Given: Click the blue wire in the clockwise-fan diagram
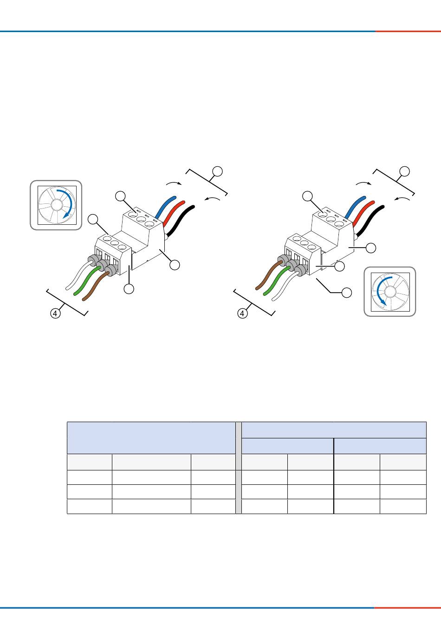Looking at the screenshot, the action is (x=166, y=207).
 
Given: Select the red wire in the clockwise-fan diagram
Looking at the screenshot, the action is (x=174, y=213).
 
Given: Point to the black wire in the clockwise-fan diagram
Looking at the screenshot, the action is (x=180, y=221).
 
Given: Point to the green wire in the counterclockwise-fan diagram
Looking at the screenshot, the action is (x=277, y=280).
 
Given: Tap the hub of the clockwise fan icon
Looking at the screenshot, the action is (x=56, y=205).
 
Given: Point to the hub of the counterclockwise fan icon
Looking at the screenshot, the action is (x=389, y=292).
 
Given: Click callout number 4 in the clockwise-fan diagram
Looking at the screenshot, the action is (x=55, y=313).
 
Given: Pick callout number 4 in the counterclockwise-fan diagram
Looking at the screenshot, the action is (x=242, y=313).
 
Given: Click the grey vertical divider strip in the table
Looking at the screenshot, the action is (x=239, y=468).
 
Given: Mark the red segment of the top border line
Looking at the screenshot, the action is (x=408, y=31).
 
